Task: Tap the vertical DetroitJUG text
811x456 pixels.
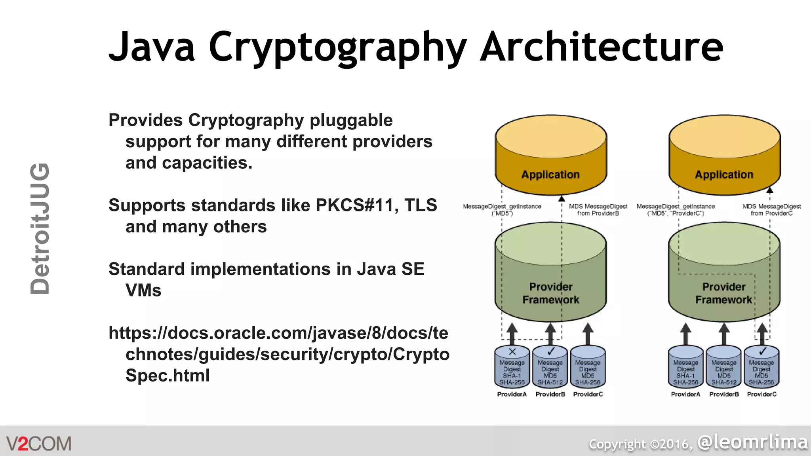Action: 40,229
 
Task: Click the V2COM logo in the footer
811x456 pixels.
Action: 39,444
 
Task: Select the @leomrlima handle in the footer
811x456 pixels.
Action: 752,442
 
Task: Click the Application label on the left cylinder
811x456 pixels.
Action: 550,175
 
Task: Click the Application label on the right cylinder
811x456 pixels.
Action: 724,175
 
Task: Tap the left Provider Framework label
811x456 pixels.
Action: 550,293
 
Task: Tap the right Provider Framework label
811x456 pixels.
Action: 723,293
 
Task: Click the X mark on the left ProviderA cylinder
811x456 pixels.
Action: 512,351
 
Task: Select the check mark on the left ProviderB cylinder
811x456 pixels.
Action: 550,351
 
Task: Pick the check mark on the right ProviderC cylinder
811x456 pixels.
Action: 763,351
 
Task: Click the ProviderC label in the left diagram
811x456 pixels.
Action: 588,394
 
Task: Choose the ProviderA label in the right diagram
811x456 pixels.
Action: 685,394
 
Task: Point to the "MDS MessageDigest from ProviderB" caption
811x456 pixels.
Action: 598,210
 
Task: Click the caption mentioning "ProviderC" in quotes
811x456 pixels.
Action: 676,210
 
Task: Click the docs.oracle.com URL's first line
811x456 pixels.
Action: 278,333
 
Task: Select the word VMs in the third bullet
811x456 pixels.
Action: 143,291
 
